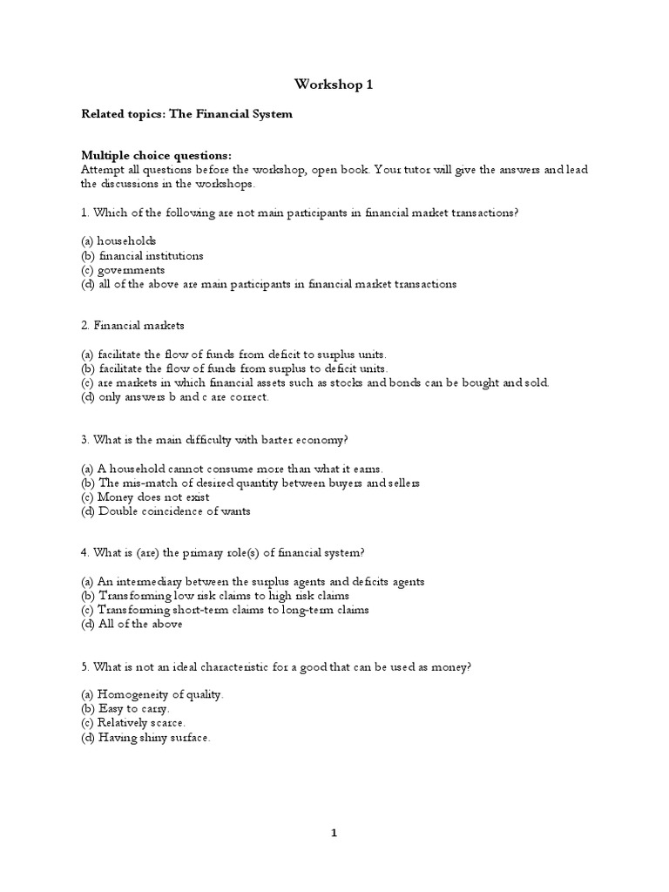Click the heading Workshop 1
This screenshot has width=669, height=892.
(x=334, y=84)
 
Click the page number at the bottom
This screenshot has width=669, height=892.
(x=334, y=833)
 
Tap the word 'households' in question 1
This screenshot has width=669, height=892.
(x=126, y=240)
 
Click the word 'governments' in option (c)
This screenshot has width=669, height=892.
(x=131, y=269)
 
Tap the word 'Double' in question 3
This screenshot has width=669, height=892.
(x=118, y=511)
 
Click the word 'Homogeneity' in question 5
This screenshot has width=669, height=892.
(x=134, y=694)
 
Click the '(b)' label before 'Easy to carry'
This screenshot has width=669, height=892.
(x=88, y=708)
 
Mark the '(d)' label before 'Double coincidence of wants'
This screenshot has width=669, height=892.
(x=88, y=511)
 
